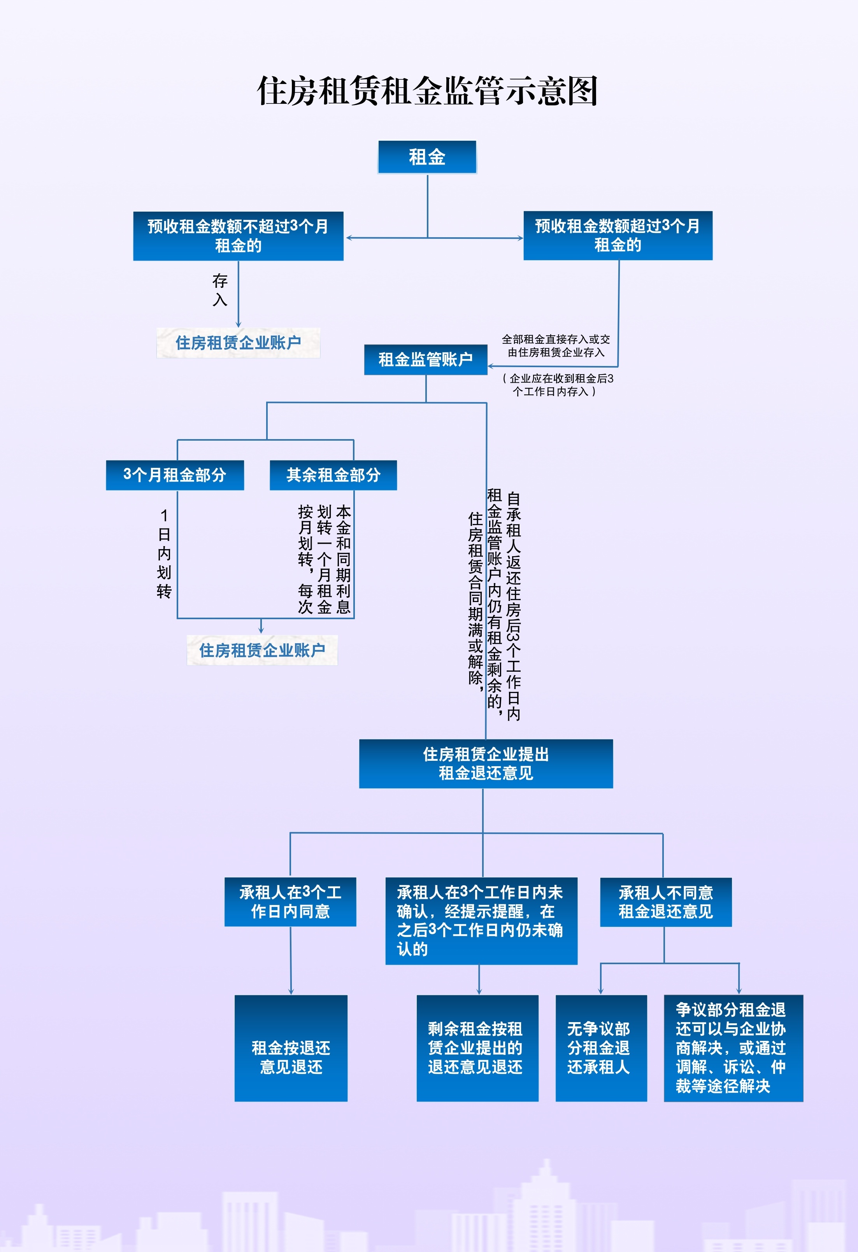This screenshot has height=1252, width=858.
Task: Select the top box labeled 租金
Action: click(427, 157)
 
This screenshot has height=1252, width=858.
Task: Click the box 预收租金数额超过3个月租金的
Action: click(618, 235)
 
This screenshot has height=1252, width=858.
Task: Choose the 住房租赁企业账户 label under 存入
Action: click(238, 343)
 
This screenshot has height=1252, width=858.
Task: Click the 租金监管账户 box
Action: click(425, 359)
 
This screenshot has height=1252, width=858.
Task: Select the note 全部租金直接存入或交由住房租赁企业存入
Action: click(556, 345)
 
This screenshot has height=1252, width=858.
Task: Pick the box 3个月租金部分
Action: click(175, 475)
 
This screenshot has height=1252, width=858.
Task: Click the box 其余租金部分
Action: click(333, 475)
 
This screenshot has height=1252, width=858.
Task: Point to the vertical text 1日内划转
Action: click(164, 554)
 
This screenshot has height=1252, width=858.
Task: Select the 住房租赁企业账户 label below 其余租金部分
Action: click(262, 650)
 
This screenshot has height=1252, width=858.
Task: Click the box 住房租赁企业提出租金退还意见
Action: click(486, 763)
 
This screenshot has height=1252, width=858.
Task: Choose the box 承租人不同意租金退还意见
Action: click(666, 902)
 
